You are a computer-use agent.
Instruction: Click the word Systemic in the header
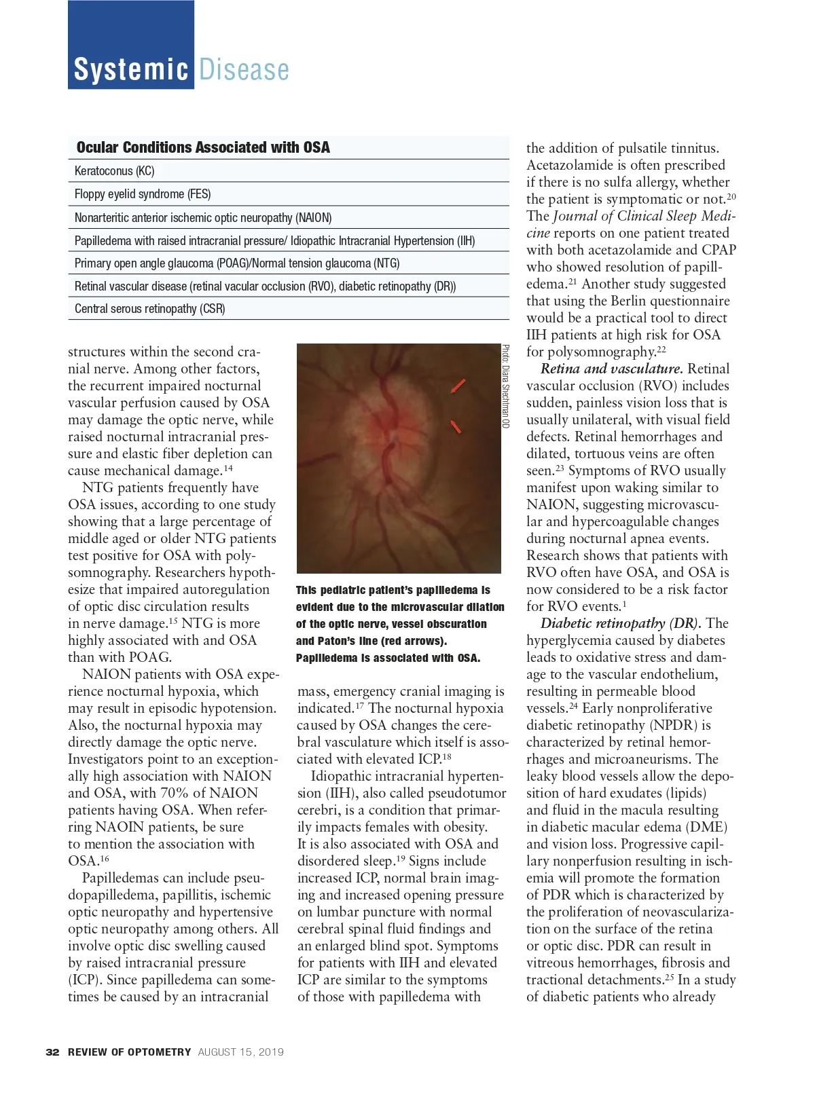pyautogui.click(x=130, y=70)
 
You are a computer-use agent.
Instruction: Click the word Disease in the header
pyautogui.click(x=244, y=70)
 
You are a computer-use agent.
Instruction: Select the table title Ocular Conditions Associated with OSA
pyautogui.click(x=203, y=147)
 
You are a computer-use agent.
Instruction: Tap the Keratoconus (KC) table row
pyautogui.click(x=115, y=171)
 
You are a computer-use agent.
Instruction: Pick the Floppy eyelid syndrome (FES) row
pyautogui.click(x=143, y=194)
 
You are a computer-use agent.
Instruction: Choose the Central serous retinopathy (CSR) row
pyautogui.click(x=149, y=309)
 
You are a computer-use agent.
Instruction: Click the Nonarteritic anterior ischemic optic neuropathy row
pyautogui.click(x=203, y=218)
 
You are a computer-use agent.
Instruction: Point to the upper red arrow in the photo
pyautogui.click(x=458, y=386)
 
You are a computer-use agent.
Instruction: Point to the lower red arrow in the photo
pyautogui.click(x=456, y=426)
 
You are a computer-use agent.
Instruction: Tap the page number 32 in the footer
pyautogui.click(x=52, y=1052)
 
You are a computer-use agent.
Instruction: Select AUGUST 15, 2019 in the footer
pyautogui.click(x=241, y=1052)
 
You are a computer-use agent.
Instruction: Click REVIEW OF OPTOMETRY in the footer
pyautogui.click(x=130, y=1052)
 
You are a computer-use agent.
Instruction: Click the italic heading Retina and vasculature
pyautogui.click(x=611, y=369)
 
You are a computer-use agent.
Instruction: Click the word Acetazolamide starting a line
pyautogui.click(x=567, y=165)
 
